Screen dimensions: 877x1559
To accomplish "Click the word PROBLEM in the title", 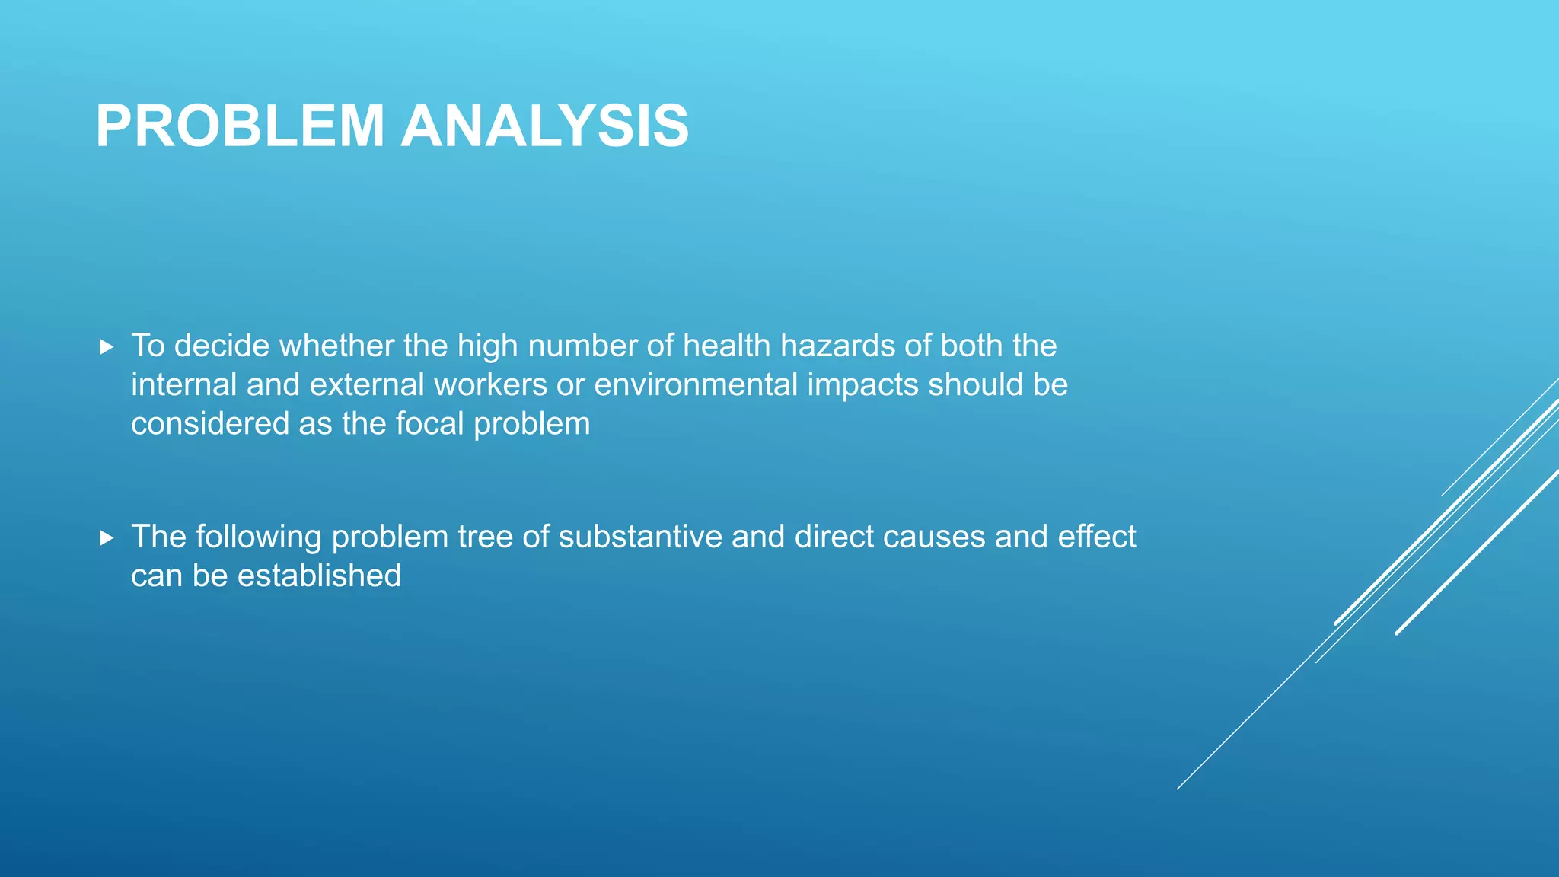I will [240, 126].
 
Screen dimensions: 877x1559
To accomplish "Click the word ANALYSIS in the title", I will [545, 126].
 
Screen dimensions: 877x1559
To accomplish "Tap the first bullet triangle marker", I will [107, 347].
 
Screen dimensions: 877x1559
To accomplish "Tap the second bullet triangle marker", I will [107, 538].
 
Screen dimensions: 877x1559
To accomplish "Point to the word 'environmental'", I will [695, 384].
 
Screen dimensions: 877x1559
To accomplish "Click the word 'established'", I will [319, 576].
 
